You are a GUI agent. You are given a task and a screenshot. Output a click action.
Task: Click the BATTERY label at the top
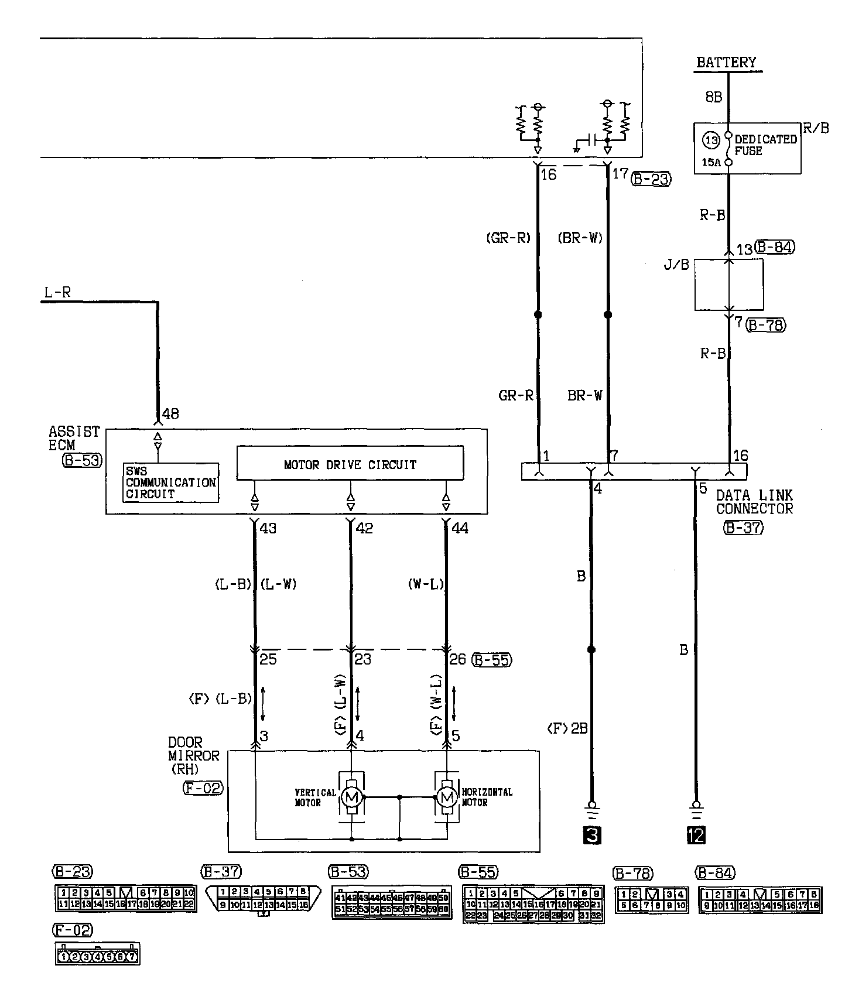coord(726,62)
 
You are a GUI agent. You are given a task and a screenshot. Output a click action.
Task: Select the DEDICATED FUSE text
coord(765,145)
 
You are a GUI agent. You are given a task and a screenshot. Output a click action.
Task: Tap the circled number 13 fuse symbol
coord(712,141)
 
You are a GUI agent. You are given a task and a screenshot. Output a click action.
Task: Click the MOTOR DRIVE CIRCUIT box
coord(350,465)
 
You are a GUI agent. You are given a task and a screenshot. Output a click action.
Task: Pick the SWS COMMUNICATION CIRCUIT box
coord(171,482)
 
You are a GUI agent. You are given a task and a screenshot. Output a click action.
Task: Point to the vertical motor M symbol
coord(351,797)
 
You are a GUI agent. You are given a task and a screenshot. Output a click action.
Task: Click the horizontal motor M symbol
coord(447,797)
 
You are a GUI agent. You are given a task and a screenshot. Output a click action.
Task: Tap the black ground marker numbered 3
coord(591,835)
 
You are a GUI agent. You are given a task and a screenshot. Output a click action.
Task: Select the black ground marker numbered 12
coord(696,835)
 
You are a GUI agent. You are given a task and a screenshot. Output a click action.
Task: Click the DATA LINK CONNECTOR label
coord(754,502)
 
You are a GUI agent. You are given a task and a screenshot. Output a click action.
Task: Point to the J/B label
coord(676,265)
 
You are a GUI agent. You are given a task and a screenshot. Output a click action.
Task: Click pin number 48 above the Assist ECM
coord(170,414)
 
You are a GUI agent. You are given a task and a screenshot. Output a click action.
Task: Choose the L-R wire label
coord(58,292)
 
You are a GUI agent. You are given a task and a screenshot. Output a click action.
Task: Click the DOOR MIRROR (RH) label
coord(193,755)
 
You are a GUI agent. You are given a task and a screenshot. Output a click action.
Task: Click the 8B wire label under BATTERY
coord(714,97)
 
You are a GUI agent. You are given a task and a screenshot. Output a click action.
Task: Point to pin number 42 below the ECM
coord(364,528)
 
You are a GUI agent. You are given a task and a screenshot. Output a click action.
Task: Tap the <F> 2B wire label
coord(566,728)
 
